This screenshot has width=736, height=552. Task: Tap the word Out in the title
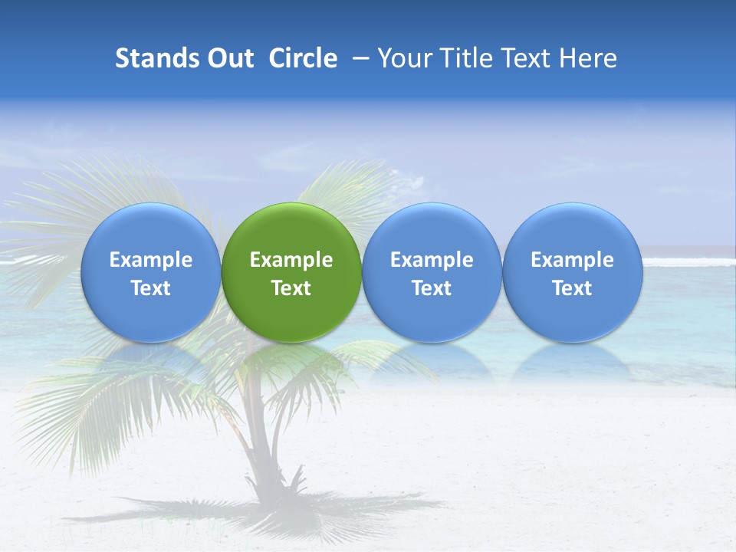coord(228,58)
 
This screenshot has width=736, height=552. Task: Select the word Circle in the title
coord(303,58)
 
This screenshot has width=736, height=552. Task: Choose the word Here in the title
coord(588,58)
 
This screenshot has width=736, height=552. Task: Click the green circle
coord(291,273)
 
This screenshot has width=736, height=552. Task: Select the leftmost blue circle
coord(151,273)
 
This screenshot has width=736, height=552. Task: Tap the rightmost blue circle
coord(572,273)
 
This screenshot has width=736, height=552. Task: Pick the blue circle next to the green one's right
coord(432,273)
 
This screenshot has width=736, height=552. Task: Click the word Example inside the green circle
coord(291,260)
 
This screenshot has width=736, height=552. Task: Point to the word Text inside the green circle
coord(291,288)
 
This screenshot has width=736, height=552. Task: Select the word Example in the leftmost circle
coord(151,260)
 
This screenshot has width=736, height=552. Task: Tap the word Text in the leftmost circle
coord(151,288)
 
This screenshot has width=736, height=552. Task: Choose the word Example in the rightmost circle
coord(572,260)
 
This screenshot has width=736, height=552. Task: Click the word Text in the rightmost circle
coord(572,288)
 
